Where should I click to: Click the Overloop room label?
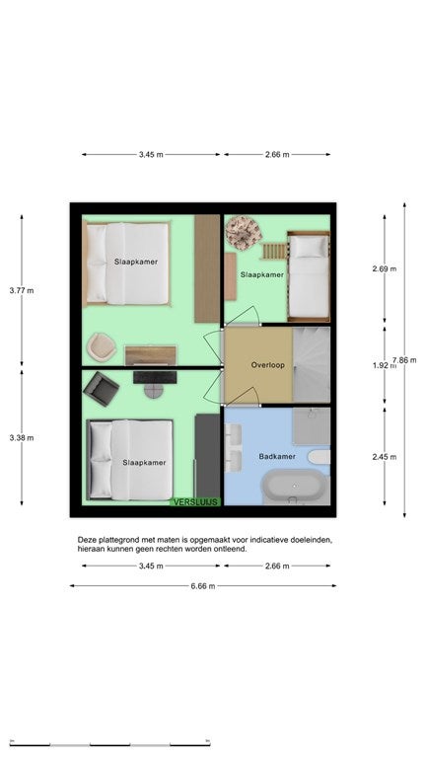(x=267, y=365)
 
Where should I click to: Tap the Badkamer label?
(x=277, y=456)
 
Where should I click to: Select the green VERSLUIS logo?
(x=195, y=502)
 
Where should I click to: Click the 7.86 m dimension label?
(x=405, y=359)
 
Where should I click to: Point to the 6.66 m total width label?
(x=203, y=586)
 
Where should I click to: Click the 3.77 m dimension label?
(x=22, y=290)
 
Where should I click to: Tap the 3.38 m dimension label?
(x=22, y=438)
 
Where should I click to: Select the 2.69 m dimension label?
(x=385, y=268)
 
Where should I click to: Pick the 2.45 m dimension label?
(x=385, y=456)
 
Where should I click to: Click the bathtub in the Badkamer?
(x=294, y=486)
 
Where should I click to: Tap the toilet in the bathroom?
(x=319, y=457)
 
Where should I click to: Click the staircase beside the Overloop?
(x=312, y=365)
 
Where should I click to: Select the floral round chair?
(x=244, y=233)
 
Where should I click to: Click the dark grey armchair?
(x=101, y=389)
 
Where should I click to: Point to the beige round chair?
(x=102, y=346)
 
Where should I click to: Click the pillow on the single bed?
(x=309, y=247)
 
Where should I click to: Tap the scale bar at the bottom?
(x=110, y=744)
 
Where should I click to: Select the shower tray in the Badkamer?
(x=312, y=426)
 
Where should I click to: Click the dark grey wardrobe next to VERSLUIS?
(x=208, y=455)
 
